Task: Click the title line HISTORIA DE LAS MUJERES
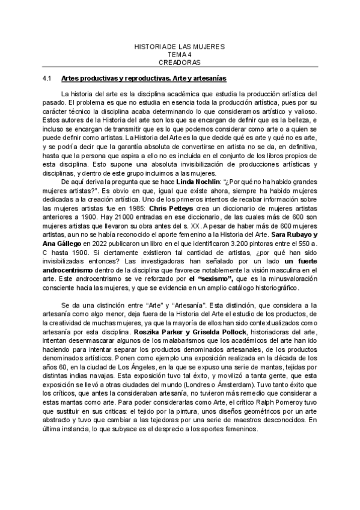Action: point(180,46)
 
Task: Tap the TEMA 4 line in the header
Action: point(180,54)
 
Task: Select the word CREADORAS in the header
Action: point(180,62)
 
